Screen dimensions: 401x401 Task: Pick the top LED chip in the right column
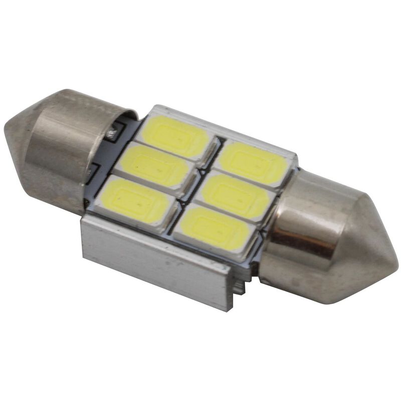pos(254,161)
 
